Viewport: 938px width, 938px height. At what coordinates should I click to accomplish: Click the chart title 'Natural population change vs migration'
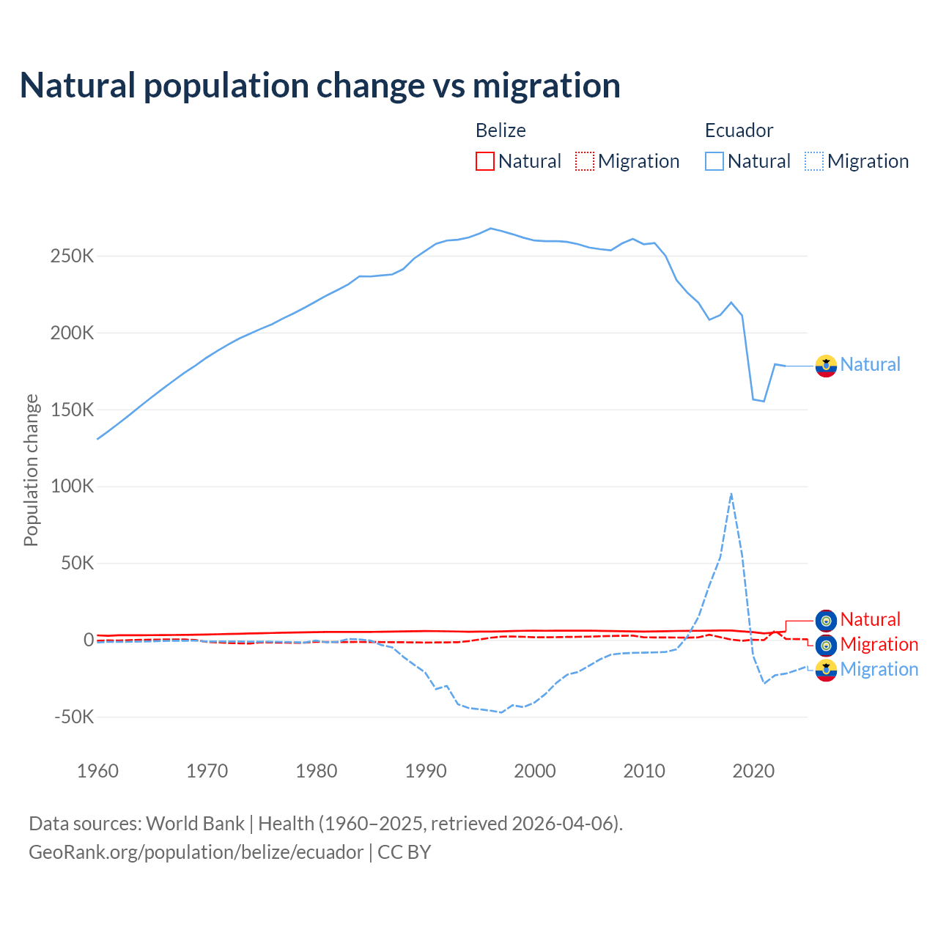[x=320, y=86]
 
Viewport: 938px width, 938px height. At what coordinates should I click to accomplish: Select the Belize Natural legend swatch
[x=484, y=161]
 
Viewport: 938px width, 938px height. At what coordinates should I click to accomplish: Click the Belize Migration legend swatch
[x=585, y=161]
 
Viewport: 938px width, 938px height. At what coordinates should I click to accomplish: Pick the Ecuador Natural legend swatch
[x=714, y=161]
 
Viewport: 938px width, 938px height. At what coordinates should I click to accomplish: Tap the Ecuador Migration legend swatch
[x=814, y=161]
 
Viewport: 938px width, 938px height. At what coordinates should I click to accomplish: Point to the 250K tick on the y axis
[x=73, y=256]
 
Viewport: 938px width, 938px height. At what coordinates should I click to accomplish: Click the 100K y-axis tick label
[x=73, y=487]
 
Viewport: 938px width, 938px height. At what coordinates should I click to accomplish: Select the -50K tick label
[x=74, y=717]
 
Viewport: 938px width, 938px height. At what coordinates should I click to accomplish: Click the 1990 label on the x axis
[x=426, y=771]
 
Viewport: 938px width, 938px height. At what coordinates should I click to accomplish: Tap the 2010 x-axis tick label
[x=644, y=771]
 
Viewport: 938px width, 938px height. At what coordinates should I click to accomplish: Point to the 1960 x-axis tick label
[x=97, y=771]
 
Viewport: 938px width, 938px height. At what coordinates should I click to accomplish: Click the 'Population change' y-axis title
[x=31, y=470]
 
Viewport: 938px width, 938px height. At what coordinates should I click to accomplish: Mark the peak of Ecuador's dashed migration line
[x=731, y=494]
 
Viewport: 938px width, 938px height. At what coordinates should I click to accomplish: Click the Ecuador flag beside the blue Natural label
[x=826, y=366]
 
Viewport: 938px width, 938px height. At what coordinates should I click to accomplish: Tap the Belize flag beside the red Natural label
[x=826, y=621]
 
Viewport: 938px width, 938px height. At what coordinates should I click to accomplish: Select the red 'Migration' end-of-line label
[x=879, y=645]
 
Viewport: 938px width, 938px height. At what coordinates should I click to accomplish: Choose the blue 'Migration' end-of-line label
[x=879, y=670]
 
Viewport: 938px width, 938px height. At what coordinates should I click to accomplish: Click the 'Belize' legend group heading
[x=501, y=130]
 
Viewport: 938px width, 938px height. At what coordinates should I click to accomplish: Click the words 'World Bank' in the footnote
[x=195, y=824]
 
